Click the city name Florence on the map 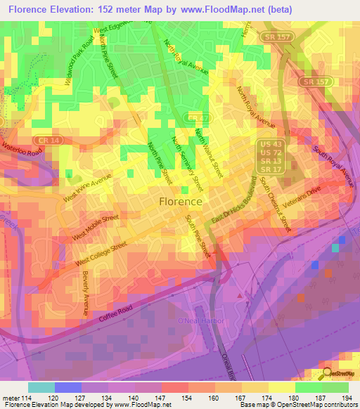coord(181,201)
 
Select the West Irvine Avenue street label coord(87,188)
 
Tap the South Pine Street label coord(198,237)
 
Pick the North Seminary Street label coord(188,164)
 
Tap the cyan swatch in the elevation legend coord(41,387)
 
